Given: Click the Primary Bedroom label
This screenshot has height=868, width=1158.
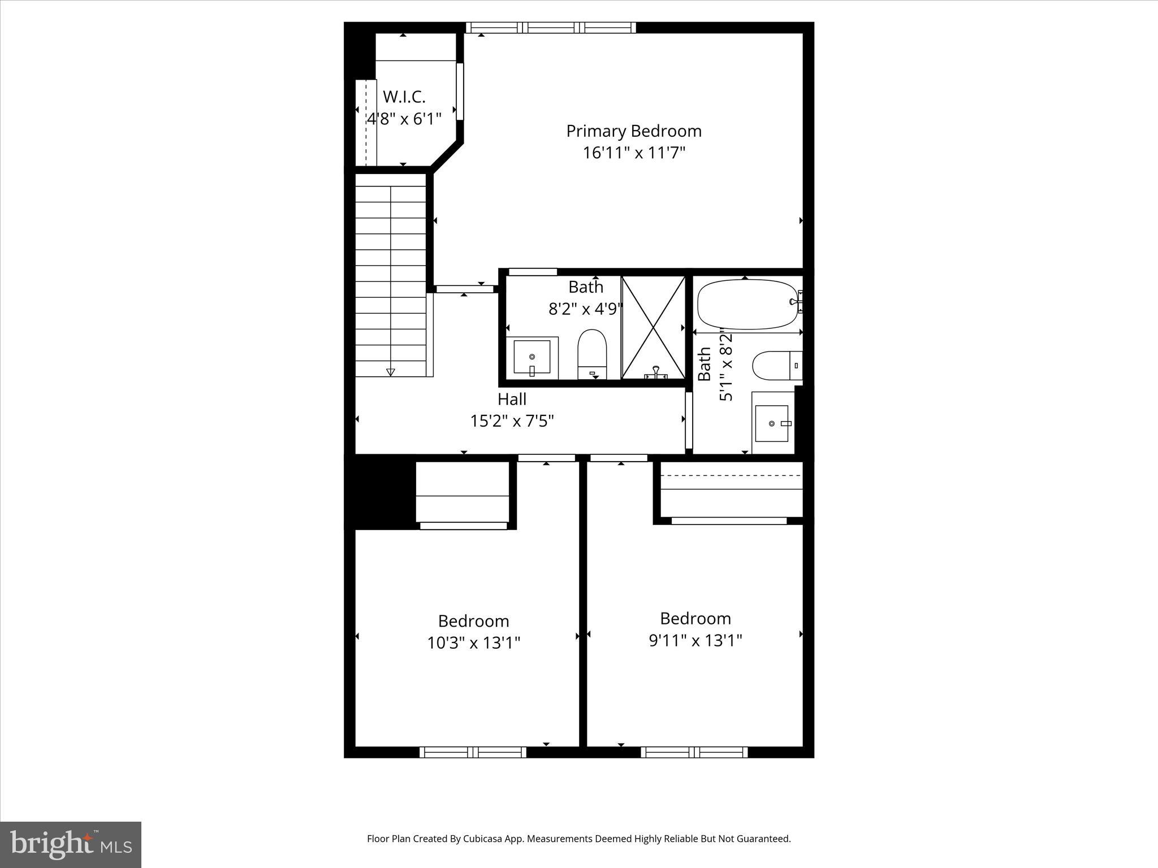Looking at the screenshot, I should tap(634, 131).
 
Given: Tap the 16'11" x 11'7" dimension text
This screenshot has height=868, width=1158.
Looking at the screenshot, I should tap(634, 153).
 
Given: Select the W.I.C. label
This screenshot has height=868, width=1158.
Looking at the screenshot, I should tap(404, 97).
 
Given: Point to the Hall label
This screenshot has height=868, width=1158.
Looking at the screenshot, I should tap(512, 399).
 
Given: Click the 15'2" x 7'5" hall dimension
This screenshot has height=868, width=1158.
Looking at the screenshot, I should tap(512, 421).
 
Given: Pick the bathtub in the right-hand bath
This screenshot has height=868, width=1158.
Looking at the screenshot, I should tap(746, 305).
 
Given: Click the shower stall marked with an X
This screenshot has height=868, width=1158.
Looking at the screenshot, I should tap(653, 327).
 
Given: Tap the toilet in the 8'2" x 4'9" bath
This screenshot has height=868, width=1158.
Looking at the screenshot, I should tap(592, 353).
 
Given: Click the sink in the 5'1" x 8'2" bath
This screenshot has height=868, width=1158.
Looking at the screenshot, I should tap(772, 423).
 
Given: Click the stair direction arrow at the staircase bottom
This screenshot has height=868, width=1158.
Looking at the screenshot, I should tap(390, 372).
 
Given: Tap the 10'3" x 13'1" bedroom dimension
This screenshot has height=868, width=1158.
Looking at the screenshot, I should tap(473, 643).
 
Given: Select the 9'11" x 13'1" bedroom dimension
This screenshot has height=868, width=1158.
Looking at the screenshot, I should tap(695, 640).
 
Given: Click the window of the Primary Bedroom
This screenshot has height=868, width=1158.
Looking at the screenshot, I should tap(551, 27).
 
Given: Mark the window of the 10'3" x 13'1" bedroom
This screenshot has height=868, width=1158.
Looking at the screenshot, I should tap(473, 752).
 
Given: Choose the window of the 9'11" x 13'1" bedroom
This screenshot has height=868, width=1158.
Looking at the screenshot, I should tap(694, 752).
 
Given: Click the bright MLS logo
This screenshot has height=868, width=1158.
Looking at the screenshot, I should tap(70, 844).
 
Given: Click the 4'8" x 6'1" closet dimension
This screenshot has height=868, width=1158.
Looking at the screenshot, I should tap(404, 119).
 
